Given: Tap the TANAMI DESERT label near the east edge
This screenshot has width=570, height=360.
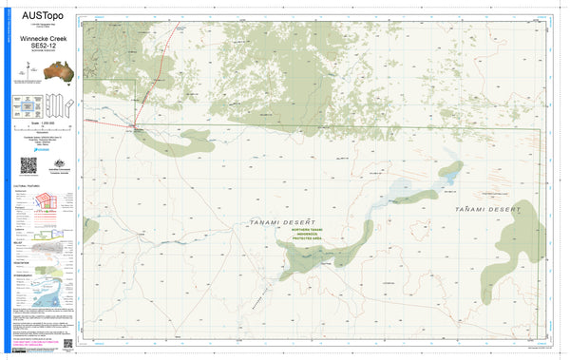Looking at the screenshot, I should coord(487,207).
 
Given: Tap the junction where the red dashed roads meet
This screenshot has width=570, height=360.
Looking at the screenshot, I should coord(135,127).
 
